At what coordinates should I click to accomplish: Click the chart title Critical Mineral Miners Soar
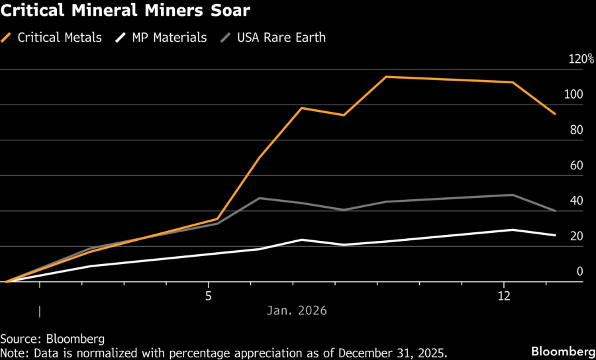(125, 13)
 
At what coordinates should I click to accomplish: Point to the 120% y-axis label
(581, 59)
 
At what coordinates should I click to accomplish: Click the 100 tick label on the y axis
(573, 94)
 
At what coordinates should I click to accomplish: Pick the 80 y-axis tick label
(575, 130)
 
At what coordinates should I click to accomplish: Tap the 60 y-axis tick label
(575, 165)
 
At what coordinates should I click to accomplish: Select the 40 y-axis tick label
(575, 201)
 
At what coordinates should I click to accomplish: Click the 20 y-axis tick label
(575, 236)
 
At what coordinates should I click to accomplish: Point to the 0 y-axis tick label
(579, 271)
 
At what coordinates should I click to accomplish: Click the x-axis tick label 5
(209, 296)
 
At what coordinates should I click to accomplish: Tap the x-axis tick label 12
(504, 296)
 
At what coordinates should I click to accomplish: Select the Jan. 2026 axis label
(297, 310)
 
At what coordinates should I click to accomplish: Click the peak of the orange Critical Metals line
(386, 77)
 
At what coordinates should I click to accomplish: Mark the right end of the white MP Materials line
(555, 235)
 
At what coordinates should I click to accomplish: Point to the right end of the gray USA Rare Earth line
(555, 210)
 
